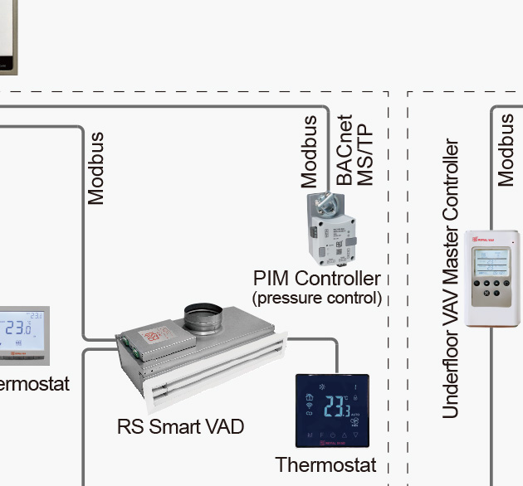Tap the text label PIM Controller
click(x=317, y=279)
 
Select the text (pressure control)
click(x=316, y=297)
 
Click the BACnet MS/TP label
click(x=354, y=150)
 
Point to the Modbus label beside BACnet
click(x=309, y=151)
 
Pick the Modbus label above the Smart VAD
click(x=96, y=168)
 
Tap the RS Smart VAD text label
click(x=180, y=426)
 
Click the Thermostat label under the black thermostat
click(x=325, y=464)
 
